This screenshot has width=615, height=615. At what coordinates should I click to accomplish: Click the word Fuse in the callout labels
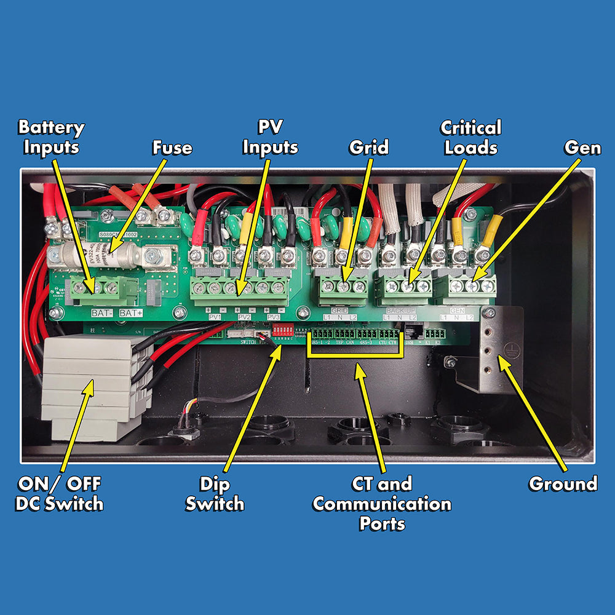[x=172, y=148]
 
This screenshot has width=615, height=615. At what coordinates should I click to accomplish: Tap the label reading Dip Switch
[x=215, y=494]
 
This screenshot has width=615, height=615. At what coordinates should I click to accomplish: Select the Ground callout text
[x=563, y=484]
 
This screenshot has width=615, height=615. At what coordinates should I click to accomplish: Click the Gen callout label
[x=582, y=148]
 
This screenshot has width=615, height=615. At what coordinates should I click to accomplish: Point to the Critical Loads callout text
[x=470, y=138]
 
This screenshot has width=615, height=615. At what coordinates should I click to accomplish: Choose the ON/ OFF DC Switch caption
[x=59, y=494]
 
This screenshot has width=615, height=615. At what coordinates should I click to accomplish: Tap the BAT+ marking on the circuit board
[x=130, y=313]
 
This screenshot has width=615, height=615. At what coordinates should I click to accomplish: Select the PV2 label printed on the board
[x=244, y=317]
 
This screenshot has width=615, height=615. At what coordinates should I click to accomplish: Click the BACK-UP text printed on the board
[x=399, y=311]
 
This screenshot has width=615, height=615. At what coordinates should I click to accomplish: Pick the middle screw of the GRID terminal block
[x=343, y=286]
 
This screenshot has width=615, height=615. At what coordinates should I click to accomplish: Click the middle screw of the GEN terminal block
[x=472, y=286]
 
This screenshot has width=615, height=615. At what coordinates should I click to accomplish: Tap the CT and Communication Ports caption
[x=382, y=504]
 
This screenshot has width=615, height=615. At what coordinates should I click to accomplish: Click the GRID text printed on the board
[x=339, y=311]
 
